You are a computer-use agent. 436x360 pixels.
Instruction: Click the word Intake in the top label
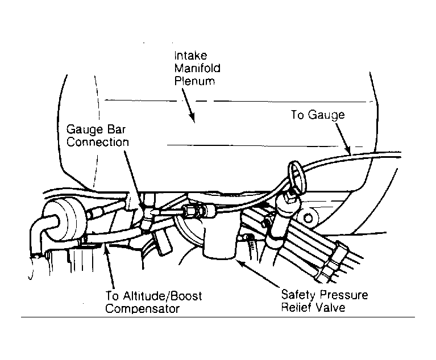[x=190, y=56]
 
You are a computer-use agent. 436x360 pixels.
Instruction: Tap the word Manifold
[x=197, y=68]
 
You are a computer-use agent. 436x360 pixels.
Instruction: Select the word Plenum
[x=194, y=81]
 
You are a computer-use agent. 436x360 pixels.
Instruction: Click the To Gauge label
[x=318, y=115]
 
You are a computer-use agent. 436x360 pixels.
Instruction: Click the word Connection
[x=98, y=142]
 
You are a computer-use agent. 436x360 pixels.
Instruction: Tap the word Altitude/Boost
[x=163, y=296]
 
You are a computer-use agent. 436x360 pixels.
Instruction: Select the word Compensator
[x=142, y=308]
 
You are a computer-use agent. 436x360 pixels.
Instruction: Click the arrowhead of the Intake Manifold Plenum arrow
[x=192, y=118]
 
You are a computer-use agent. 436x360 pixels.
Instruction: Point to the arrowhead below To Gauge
[x=348, y=150]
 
